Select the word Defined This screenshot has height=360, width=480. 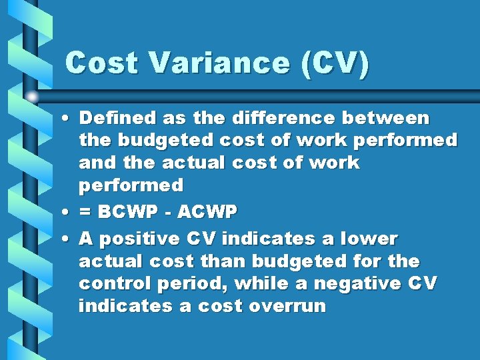click(116, 118)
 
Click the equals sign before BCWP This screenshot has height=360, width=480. click(85, 212)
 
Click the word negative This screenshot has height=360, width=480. click(361, 283)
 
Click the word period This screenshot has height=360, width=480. click(182, 283)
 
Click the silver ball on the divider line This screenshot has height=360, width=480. click(33, 97)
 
